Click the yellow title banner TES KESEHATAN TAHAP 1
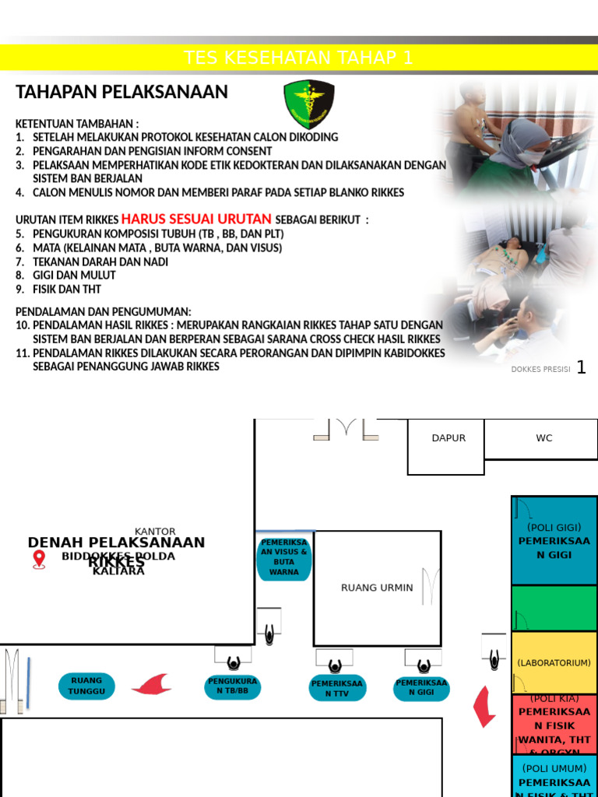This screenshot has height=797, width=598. [298, 58]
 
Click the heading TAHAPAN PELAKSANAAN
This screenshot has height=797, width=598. [121, 92]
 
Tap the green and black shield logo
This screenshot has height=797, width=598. [308, 104]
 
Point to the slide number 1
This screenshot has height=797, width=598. [581, 367]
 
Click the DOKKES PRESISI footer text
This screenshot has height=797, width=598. [540, 370]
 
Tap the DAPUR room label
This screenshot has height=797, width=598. [448, 438]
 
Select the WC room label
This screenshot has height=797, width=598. [543, 438]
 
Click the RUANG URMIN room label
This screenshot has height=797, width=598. [377, 588]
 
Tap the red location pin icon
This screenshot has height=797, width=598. [39, 559]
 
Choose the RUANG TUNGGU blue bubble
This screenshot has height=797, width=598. [86, 686]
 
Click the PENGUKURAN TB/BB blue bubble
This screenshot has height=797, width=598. [233, 686]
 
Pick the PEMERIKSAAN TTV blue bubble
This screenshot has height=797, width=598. [337, 688]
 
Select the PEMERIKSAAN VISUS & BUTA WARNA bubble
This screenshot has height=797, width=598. [283, 556]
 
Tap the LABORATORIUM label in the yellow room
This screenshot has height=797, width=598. [554, 663]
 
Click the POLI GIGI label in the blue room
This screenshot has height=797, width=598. [554, 528]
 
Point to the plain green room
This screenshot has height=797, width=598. [554, 608]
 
